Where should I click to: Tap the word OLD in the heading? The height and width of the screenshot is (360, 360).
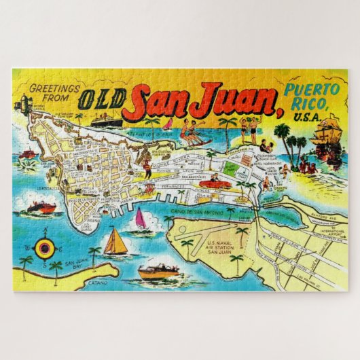[100, 99]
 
